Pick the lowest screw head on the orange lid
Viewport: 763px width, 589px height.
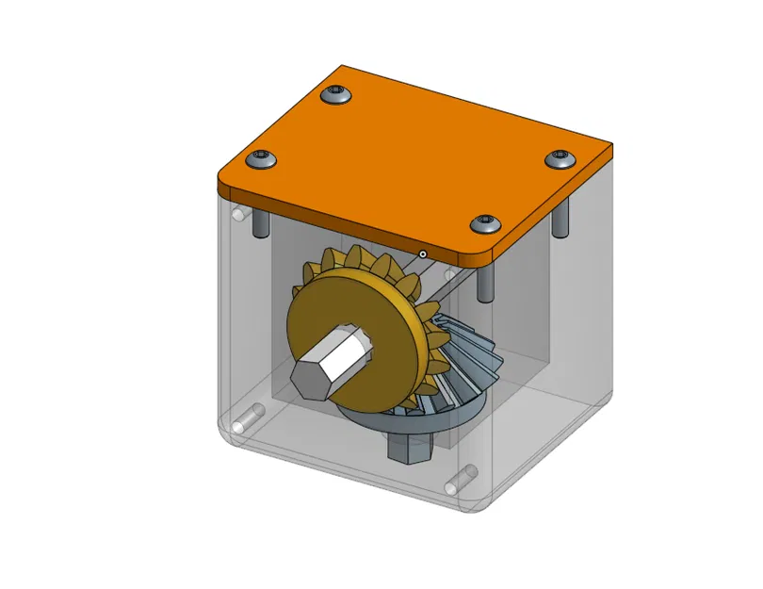pyautogui.click(x=486, y=223)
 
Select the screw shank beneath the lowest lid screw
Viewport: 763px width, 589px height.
pyautogui.click(x=485, y=282)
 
